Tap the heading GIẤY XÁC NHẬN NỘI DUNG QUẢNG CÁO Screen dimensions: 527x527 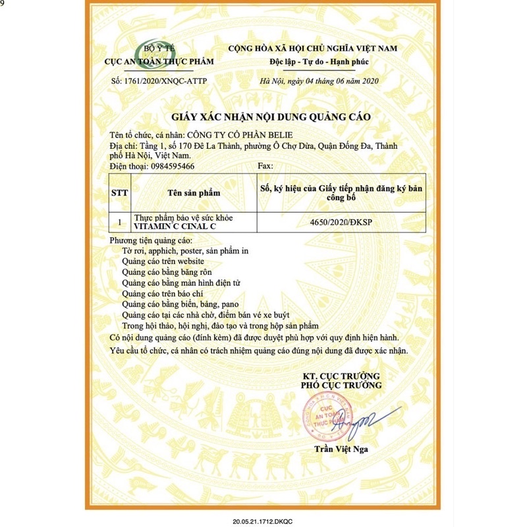[271, 117]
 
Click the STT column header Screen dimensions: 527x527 [121, 193]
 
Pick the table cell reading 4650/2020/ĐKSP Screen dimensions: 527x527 [341, 223]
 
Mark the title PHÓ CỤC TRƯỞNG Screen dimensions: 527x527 [341, 385]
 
